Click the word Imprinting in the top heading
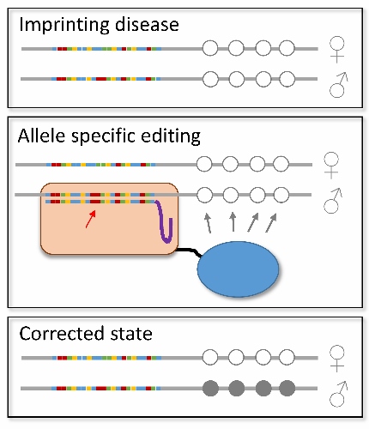(64, 25)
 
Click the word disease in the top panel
(147, 24)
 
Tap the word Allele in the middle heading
(41, 136)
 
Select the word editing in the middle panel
(171, 136)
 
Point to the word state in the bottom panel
(130, 334)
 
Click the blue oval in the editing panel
(238, 269)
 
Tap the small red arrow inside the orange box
(91, 219)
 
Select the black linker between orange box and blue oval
(190, 251)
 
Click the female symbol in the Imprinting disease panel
(337, 49)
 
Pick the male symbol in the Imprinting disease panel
(339, 85)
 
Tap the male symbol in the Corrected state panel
(339, 394)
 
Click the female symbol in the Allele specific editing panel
(331, 165)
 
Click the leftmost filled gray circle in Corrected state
(211, 388)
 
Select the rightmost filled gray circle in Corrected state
(287, 388)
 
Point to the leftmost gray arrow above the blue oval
(208, 223)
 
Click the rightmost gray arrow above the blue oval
(271, 222)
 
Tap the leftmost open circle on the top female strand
(210, 48)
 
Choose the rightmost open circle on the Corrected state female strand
(287, 357)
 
